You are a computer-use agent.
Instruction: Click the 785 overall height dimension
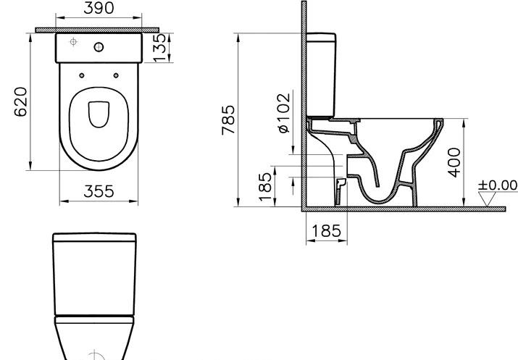[228, 120]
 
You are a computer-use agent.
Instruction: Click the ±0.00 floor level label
[498, 185]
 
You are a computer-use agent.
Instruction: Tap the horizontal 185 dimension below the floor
[325, 232]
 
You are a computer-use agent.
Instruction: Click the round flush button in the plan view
[99, 47]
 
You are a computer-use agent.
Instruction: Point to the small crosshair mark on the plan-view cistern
[72, 43]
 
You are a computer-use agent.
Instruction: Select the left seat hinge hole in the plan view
[82, 75]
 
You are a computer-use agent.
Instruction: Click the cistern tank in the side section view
[324, 72]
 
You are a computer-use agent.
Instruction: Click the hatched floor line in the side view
[406, 209]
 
